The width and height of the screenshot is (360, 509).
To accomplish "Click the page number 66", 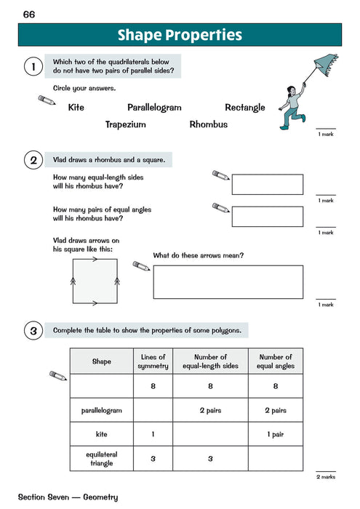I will [29, 15].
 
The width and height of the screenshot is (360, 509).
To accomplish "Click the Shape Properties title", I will [179, 36].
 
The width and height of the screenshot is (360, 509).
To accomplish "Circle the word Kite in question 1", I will [76, 108].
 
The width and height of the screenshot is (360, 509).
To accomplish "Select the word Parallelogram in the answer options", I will [154, 108].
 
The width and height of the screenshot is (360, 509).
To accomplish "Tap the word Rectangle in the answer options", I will [245, 108].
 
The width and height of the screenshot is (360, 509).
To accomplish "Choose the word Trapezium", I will [125, 124].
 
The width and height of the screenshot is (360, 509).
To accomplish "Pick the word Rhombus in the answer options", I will [208, 124].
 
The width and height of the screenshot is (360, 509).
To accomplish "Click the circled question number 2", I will [31, 160].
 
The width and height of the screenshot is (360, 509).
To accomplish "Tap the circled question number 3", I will [31, 331].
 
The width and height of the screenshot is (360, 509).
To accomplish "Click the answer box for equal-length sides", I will [267, 185].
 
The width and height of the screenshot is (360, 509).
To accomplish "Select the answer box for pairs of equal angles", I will [267, 217].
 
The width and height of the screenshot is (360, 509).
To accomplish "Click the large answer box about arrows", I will [228, 282].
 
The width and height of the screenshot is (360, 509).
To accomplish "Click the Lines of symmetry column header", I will [153, 361].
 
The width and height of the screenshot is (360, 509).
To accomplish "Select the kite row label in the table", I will [102, 434].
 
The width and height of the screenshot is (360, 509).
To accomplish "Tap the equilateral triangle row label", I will [102, 459].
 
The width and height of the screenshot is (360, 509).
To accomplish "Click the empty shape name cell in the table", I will [102, 386].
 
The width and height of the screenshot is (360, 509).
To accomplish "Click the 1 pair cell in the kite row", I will [276, 434].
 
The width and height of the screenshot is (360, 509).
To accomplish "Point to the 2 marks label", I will [325, 477].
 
